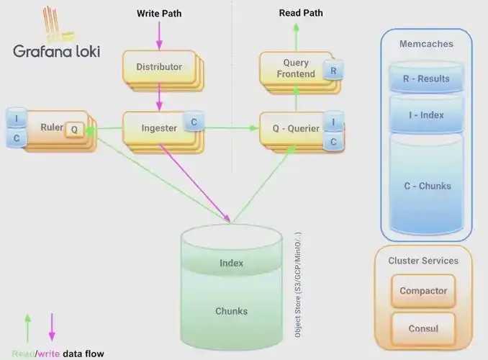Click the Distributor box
pyautogui.click(x=159, y=67)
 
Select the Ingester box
pyautogui.click(x=159, y=128)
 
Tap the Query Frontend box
pyautogui.click(x=296, y=68)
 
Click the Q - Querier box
pyautogui.click(x=296, y=129)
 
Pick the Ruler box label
pyautogui.click(x=52, y=127)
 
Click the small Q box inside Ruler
pyautogui.click(x=74, y=130)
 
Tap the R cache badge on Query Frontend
pyautogui.click(x=333, y=71)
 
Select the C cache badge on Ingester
pyautogui.click(x=194, y=122)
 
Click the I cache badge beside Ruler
pyautogui.click(x=17, y=118)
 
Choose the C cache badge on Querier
pyautogui.click(x=334, y=141)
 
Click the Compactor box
pyautogui.click(x=423, y=291)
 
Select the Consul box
pyautogui.click(x=423, y=328)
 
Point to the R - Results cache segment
pyautogui.click(x=427, y=78)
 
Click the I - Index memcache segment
pyautogui.click(x=427, y=114)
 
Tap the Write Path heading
pyautogui.click(x=159, y=14)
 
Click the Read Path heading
pyautogui.click(x=301, y=13)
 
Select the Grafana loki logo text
pyautogui.click(x=57, y=51)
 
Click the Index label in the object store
pyautogui.click(x=231, y=263)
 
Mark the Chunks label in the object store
pyautogui.click(x=232, y=311)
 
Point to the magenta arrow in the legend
pyautogui.click(x=52, y=327)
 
